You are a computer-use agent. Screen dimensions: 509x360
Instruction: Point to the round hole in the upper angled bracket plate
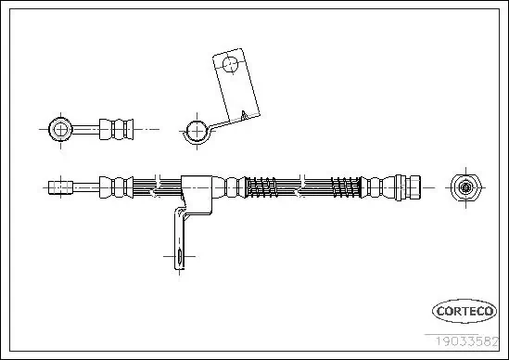pyautogui.click(x=230, y=65)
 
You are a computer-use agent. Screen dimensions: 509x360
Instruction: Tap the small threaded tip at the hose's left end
pyautogui.click(x=62, y=186)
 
